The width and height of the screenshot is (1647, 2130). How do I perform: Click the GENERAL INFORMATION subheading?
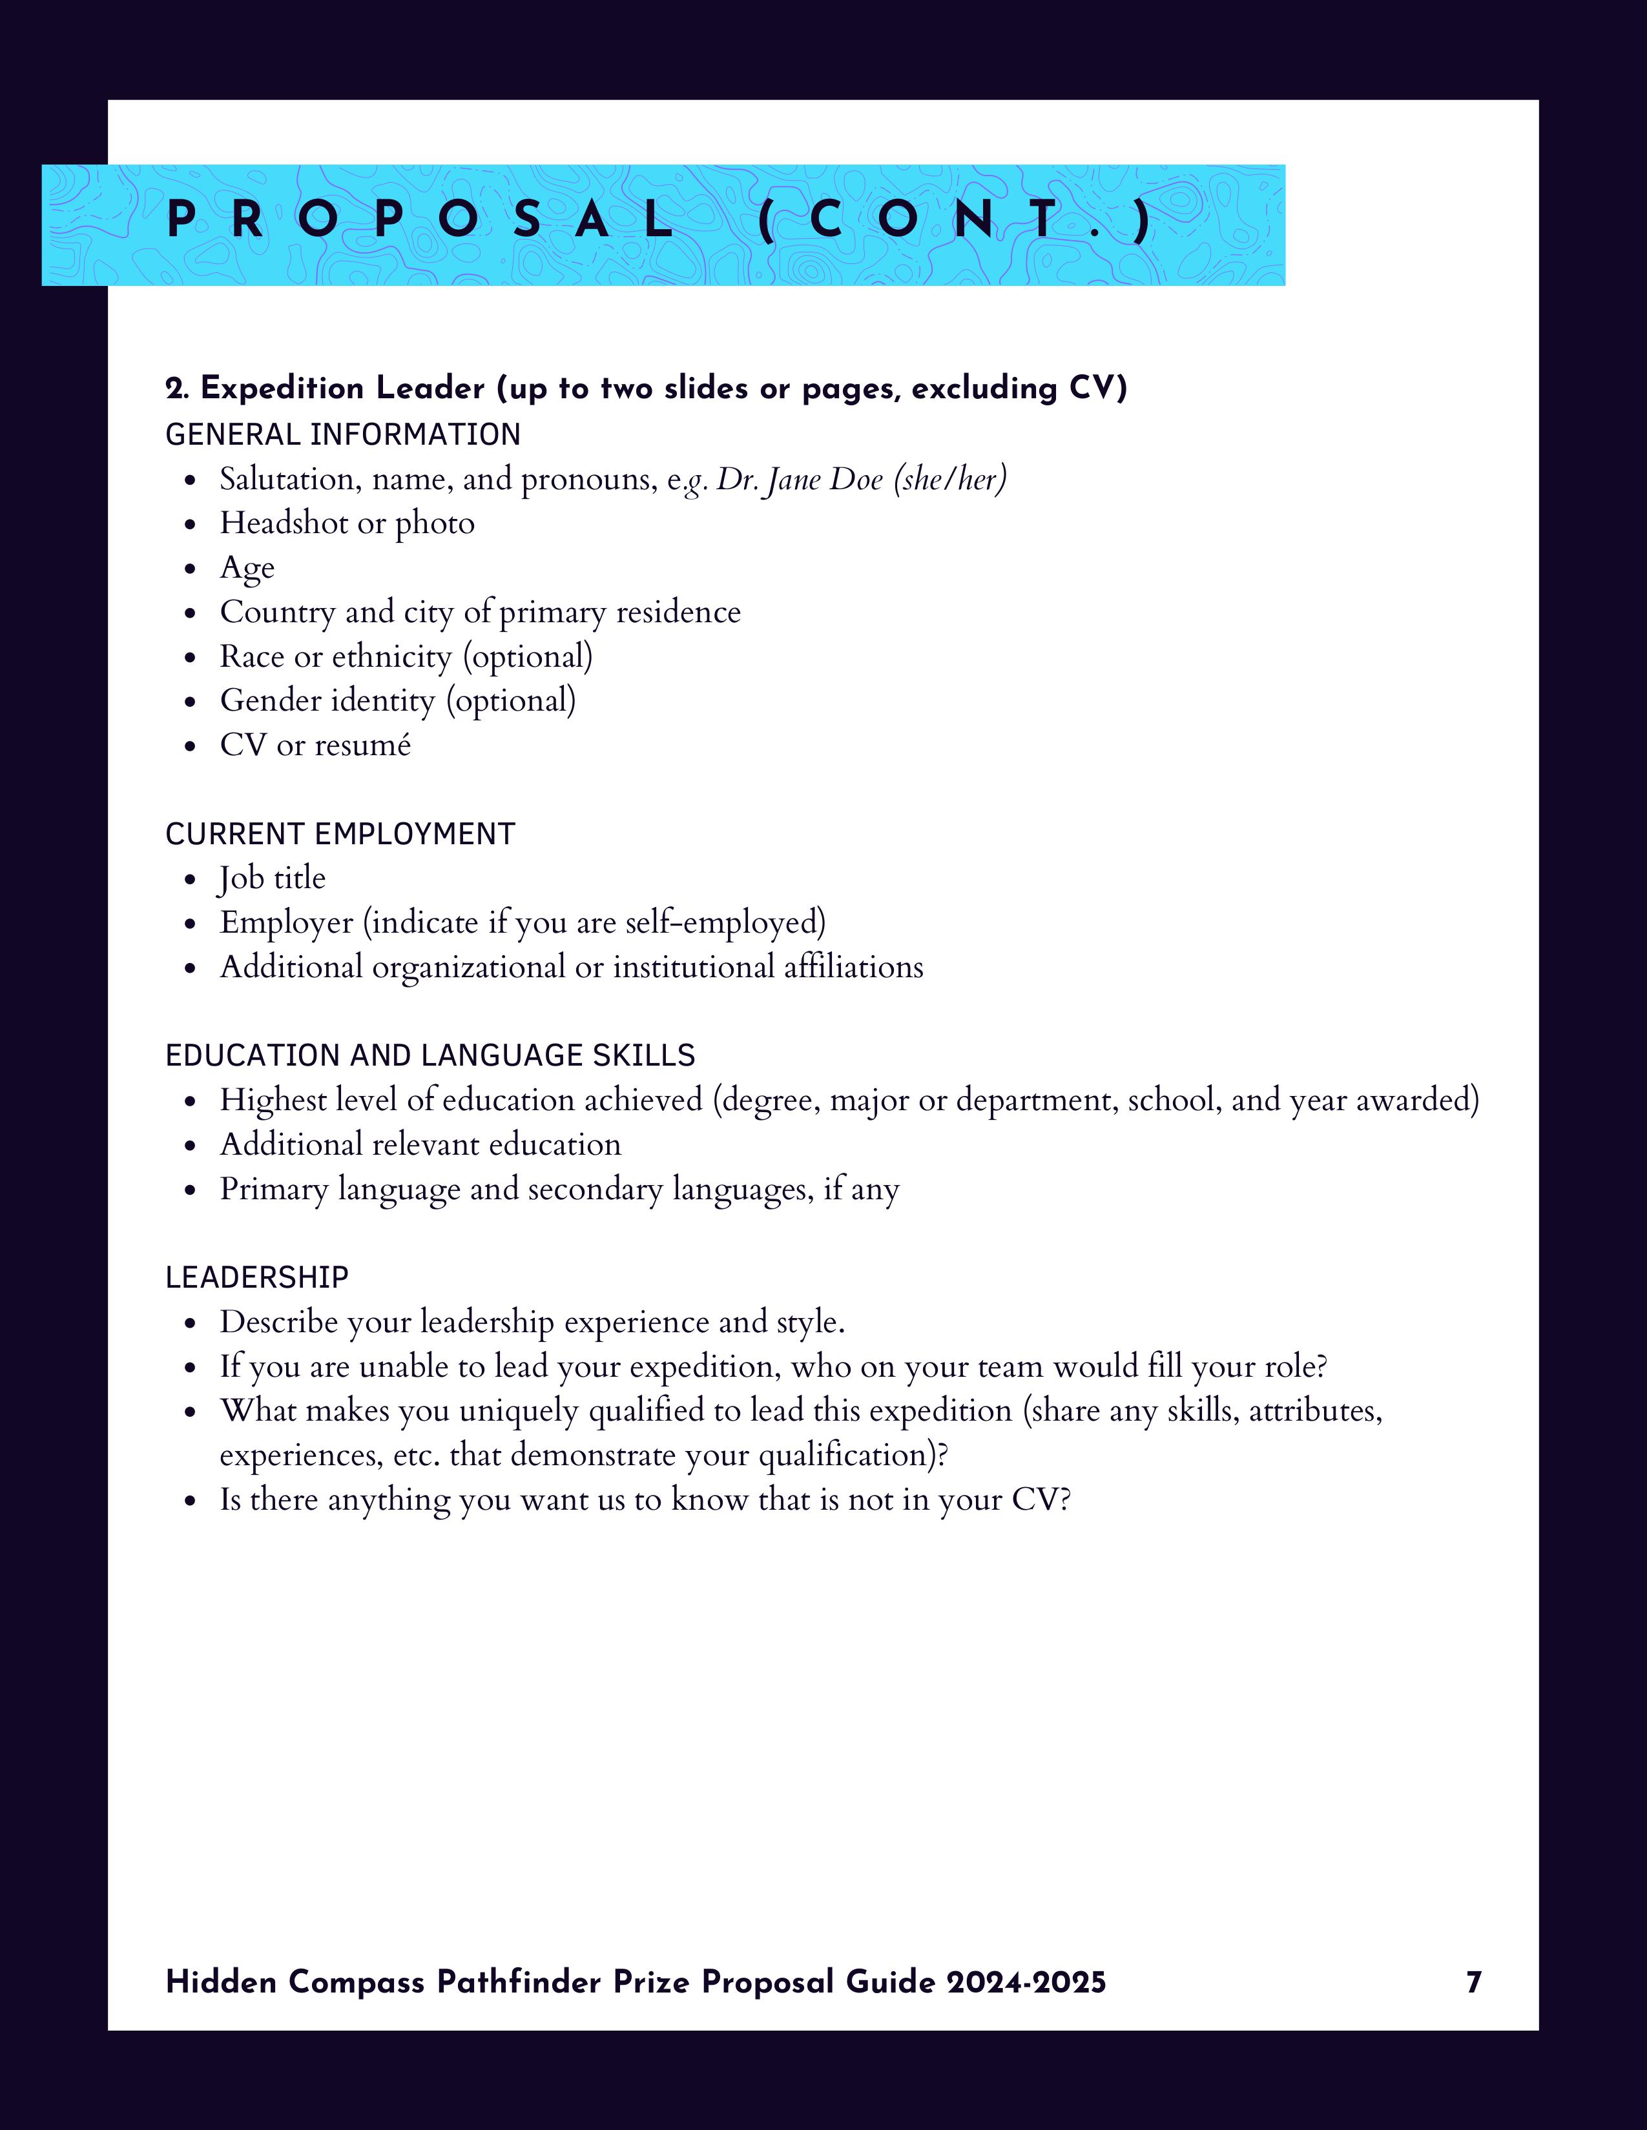342,434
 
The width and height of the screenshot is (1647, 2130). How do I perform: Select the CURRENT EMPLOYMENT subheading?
340,834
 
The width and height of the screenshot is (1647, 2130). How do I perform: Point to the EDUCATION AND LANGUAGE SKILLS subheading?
430,1055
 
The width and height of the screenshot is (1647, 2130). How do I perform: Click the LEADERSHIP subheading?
256,1277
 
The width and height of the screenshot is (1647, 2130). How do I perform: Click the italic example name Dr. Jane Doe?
800,480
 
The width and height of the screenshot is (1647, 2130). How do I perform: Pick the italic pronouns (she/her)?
950,480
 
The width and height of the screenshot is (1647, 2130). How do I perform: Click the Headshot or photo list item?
346,523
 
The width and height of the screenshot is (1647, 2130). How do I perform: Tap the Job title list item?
272,878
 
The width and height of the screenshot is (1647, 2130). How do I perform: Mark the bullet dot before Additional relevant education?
191,1146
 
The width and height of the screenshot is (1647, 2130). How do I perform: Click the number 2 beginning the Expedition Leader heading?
174,389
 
